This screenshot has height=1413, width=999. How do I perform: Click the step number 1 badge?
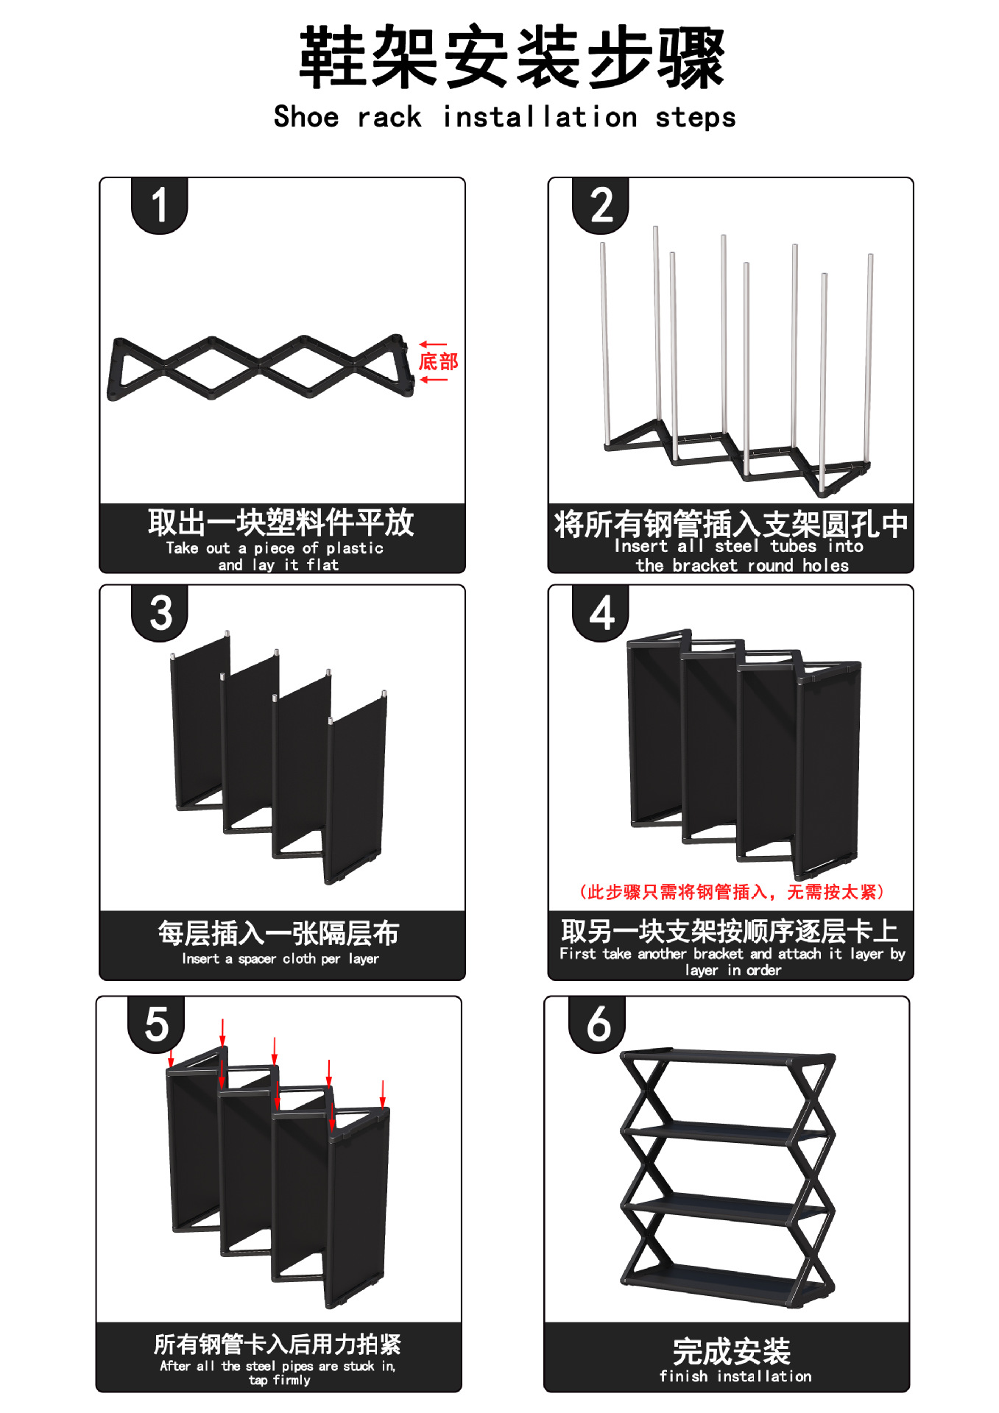tap(159, 205)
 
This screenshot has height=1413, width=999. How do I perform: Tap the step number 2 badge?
tap(601, 205)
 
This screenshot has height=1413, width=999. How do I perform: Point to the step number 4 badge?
tap(601, 613)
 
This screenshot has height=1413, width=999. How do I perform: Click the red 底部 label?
tap(438, 361)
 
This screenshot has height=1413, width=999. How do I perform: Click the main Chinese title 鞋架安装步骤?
tap(512, 57)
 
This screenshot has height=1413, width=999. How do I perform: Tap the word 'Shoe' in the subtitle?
tap(306, 117)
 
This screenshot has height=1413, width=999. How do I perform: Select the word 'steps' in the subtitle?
tap(696, 118)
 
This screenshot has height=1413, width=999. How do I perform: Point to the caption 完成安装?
tap(731, 1351)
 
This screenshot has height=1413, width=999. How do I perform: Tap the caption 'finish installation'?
tap(735, 1376)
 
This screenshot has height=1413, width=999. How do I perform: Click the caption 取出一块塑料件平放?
tap(281, 523)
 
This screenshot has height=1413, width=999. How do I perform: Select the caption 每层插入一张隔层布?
tap(278, 933)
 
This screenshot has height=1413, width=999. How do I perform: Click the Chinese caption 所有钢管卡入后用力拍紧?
tap(278, 1344)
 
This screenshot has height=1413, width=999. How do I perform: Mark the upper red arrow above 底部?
tap(433, 344)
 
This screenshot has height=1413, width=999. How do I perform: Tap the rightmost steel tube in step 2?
tap(869, 361)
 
